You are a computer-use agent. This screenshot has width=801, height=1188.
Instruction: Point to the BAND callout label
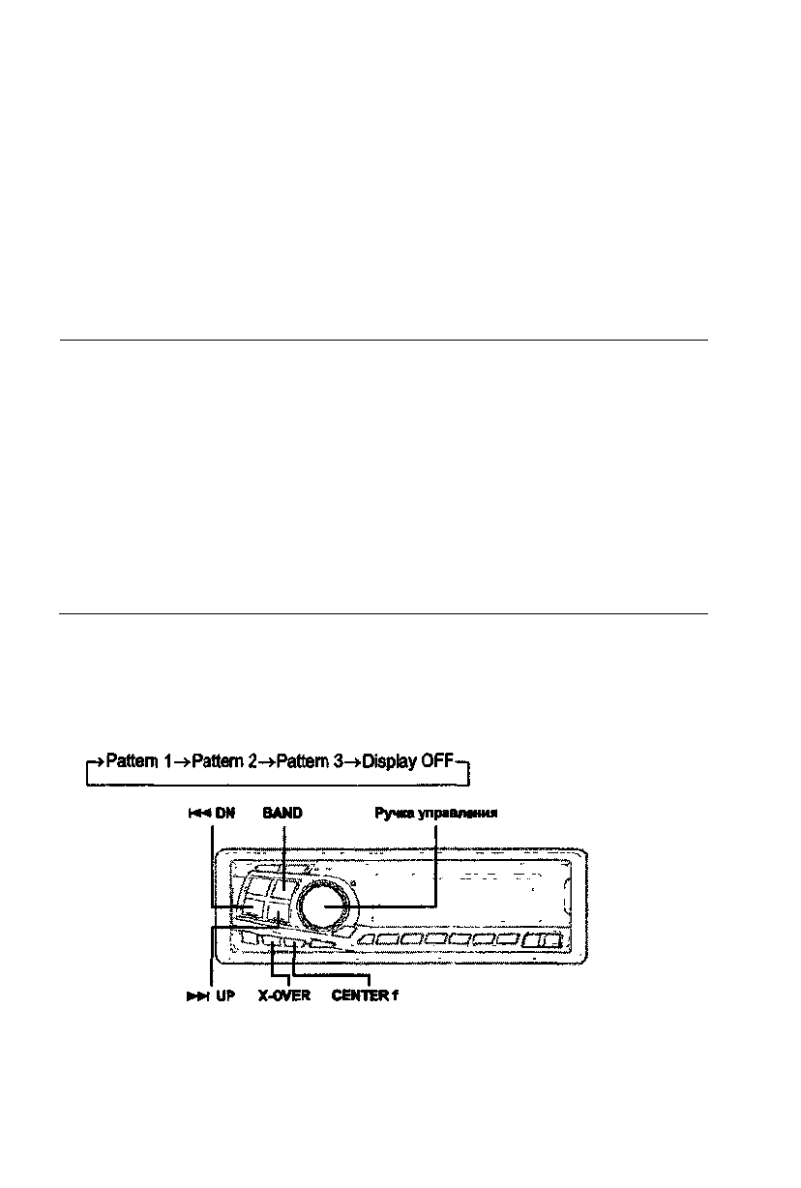(x=282, y=814)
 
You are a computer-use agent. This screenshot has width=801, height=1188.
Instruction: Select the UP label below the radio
(x=224, y=995)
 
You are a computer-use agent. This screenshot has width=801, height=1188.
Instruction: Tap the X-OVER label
(x=283, y=995)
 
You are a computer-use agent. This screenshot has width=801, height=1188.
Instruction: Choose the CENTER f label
(x=365, y=995)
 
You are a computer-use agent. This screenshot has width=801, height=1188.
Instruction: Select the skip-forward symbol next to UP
(x=197, y=995)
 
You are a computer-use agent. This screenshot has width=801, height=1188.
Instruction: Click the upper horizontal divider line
(x=383, y=340)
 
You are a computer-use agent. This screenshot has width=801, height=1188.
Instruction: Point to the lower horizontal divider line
(x=383, y=612)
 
